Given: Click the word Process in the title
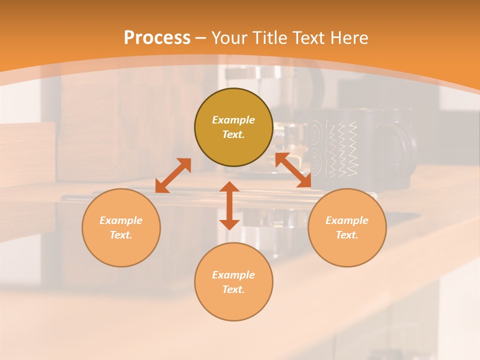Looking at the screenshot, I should pyautogui.click(x=157, y=37).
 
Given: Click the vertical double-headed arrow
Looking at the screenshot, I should pyautogui.click(x=229, y=205).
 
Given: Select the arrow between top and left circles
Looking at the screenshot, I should pyautogui.click(x=173, y=175).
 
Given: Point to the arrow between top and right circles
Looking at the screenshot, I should pyautogui.click(x=293, y=170).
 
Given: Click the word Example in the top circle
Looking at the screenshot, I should pyautogui.click(x=233, y=120).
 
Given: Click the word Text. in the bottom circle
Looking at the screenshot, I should pyautogui.click(x=233, y=289).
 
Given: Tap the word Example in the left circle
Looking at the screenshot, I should pyautogui.click(x=121, y=220).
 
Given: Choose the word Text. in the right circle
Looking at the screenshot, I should pyautogui.click(x=347, y=235).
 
